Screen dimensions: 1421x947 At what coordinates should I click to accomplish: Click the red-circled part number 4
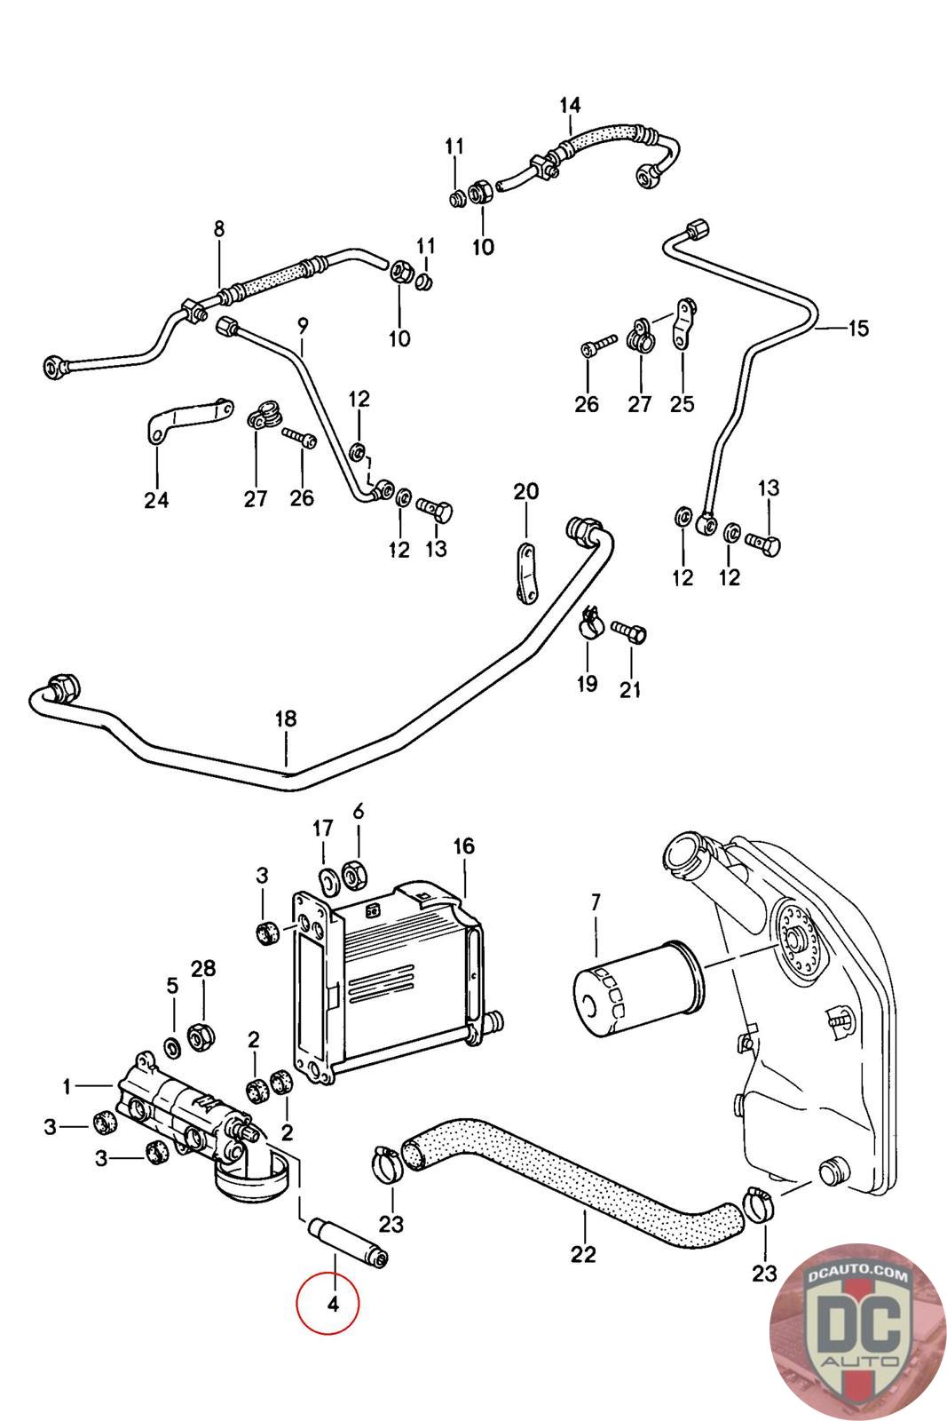333,1304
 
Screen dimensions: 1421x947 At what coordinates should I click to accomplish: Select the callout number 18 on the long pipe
286,718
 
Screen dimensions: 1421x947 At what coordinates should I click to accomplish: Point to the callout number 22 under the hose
584,1254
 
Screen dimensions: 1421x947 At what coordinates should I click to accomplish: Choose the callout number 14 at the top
570,105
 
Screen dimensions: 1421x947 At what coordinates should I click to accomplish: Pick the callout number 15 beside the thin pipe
858,329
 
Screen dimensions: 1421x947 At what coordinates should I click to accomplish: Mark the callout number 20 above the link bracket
526,491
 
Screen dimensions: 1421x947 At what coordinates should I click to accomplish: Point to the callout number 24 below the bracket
156,500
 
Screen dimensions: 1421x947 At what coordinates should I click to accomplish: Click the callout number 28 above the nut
203,968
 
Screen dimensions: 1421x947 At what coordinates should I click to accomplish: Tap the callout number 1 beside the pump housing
67,1086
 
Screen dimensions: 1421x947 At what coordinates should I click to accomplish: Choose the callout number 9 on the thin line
302,326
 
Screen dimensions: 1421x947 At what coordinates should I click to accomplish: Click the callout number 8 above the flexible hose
219,228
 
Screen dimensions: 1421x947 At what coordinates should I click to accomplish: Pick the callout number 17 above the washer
322,829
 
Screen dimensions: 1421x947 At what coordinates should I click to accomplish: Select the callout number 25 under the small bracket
682,404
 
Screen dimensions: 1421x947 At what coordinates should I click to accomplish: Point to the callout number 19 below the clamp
587,684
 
